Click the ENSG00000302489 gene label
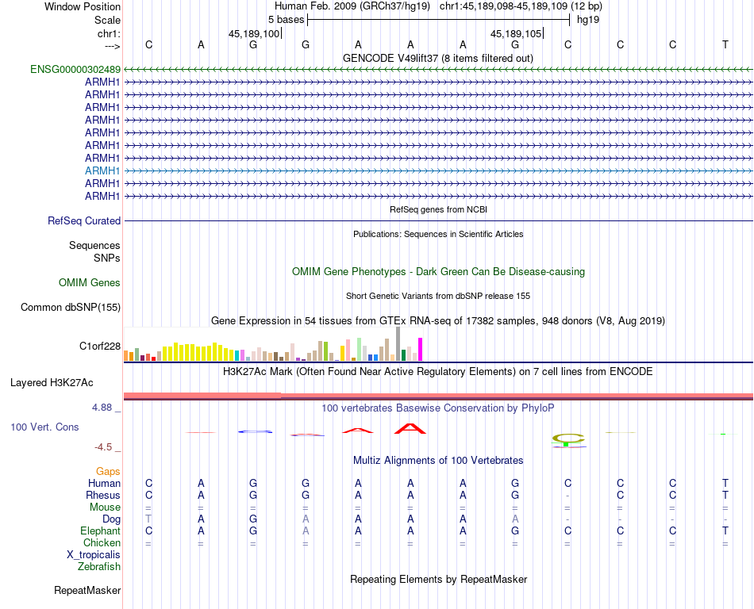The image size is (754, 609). [75, 69]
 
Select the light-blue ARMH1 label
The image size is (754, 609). [102, 170]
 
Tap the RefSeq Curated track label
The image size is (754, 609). [84, 221]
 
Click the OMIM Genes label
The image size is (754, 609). [90, 283]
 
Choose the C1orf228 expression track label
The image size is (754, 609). [100, 347]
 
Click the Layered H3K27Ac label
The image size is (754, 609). [52, 383]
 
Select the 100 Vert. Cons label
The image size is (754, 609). [44, 427]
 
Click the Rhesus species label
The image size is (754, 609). [103, 496]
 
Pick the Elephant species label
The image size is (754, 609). [100, 531]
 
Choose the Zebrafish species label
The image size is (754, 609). [99, 567]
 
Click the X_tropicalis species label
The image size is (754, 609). [94, 555]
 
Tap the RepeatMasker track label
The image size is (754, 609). [87, 591]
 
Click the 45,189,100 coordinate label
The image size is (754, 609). [254, 33]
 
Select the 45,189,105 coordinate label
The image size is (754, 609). [517, 33]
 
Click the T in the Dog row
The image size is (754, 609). [148, 519]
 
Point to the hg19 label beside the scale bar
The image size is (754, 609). [588, 19]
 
